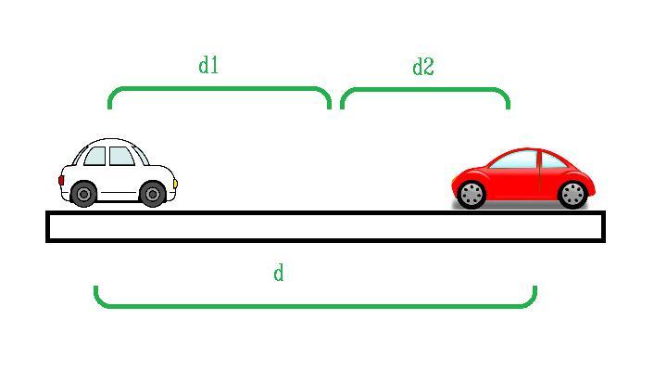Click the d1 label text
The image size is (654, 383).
[208, 65]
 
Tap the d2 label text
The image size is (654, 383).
[422, 67]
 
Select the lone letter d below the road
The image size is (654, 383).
[278, 273]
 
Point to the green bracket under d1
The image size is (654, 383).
[220, 89]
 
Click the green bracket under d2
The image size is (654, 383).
[424, 90]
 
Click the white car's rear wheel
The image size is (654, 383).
[83, 194]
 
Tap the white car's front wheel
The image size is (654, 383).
[152, 194]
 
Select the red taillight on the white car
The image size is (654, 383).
[62, 180]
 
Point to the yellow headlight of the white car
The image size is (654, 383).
[174, 184]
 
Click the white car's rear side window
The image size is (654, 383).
[95, 157]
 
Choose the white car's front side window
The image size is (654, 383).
[120, 156]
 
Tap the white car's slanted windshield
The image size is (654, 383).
[141, 153]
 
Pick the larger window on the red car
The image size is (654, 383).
[513, 160]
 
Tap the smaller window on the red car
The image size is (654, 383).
[553, 160]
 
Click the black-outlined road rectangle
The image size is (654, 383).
[325, 227]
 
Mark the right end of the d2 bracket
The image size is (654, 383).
[508, 104]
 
